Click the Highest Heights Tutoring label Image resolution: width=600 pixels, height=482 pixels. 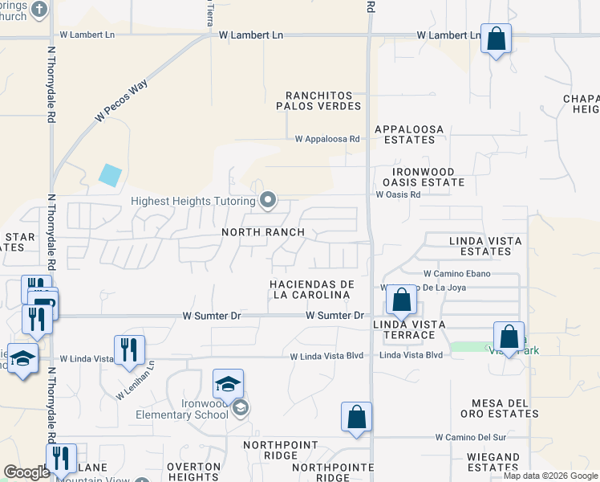(x=194, y=200)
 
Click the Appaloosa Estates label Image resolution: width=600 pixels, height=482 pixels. (x=405, y=133)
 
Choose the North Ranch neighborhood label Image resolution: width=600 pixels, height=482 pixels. (x=263, y=232)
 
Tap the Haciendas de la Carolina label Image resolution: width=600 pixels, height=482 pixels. (x=312, y=290)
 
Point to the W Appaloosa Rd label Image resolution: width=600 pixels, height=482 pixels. (x=327, y=139)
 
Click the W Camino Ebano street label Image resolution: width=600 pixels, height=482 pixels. (x=462, y=274)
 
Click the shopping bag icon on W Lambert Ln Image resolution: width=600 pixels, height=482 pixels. (x=496, y=38)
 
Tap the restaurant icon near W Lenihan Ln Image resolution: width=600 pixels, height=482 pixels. (x=128, y=349)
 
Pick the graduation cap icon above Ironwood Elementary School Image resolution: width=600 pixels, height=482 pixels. (x=228, y=383)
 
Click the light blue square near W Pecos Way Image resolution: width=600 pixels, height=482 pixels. (x=111, y=174)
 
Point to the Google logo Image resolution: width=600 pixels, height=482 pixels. (x=27, y=472)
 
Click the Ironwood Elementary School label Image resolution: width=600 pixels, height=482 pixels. (x=194, y=409)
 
